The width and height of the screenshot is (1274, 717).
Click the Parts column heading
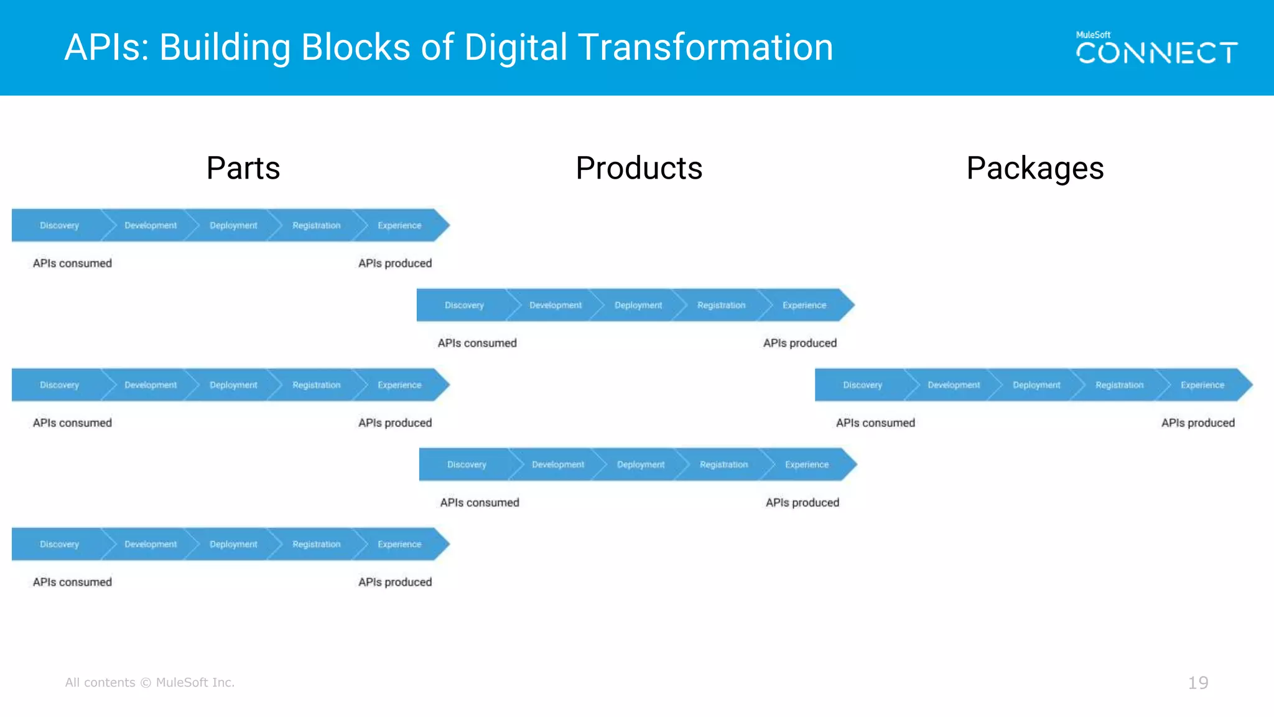(243, 168)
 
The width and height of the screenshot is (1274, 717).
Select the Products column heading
(639, 168)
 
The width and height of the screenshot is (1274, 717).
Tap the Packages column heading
(1035, 168)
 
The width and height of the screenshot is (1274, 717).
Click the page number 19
(1197, 683)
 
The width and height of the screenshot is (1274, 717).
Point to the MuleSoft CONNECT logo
(1156, 48)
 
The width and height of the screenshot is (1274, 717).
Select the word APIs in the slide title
(106, 47)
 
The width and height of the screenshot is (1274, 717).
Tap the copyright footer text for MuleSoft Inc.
(150, 682)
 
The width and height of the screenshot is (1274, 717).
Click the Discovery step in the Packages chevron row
(862, 385)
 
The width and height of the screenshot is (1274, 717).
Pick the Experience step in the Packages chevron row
(1202, 385)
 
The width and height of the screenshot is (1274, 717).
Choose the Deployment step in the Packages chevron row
(1036, 385)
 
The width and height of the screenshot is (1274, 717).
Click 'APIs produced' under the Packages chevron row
(1197, 423)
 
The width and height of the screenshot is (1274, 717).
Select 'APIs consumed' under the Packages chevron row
(875, 423)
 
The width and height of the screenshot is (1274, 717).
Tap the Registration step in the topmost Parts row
(316, 225)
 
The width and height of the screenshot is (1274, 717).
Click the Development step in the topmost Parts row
(151, 225)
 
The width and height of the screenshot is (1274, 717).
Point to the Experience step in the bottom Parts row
(399, 544)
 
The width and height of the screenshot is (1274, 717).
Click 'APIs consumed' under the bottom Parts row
(72, 582)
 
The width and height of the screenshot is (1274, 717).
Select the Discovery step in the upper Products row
(464, 305)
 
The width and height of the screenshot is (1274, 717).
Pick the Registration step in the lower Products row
(723, 464)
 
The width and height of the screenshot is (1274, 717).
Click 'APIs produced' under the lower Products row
(802, 502)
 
